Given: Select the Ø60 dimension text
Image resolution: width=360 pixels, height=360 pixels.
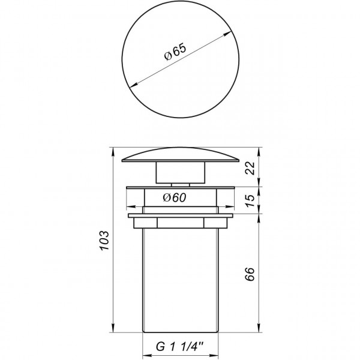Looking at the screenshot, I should (x=175, y=198).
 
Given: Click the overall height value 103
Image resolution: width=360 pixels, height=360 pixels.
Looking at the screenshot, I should (x=104, y=239).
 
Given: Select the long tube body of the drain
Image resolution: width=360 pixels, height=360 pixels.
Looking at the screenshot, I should (x=180, y=276).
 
